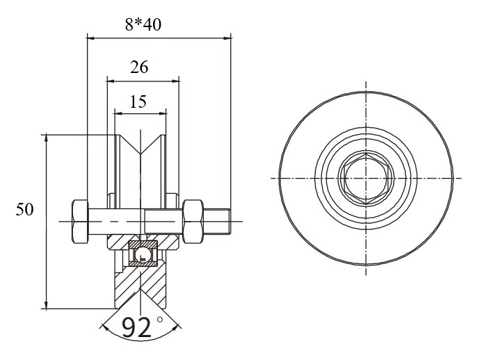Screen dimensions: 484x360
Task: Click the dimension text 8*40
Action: [143, 24]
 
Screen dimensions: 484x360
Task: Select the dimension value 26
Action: [139, 67]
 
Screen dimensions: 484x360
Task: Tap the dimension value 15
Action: [138, 101]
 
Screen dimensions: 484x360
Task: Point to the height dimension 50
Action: [24, 209]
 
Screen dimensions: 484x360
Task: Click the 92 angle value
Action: [137, 327]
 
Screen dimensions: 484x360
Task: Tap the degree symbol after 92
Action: [159, 320]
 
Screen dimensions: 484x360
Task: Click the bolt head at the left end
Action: [80, 222]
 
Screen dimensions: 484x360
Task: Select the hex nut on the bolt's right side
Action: [193, 222]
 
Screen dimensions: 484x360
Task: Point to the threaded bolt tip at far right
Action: [217, 222]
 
